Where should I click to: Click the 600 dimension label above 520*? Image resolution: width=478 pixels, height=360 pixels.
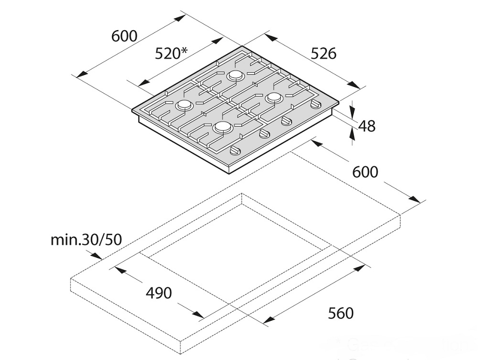pyautogui.click(x=124, y=36)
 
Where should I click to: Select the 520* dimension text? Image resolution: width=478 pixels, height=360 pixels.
pyautogui.click(x=171, y=54)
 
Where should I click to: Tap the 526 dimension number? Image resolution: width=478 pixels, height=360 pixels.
pyautogui.click(x=323, y=54)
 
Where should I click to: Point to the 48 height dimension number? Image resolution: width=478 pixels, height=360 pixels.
pyautogui.click(x=367, y=126)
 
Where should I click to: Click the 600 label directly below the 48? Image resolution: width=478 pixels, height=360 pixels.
pyautogui.click(x=365, y=172)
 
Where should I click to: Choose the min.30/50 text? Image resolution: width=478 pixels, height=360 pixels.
pyautogui.click(x=86, y=240)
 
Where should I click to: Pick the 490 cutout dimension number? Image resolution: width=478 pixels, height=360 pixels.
pyautogui.click(x=159, y=293)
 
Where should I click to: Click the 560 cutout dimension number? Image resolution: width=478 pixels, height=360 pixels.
pyautogui.click(x=340, y=313)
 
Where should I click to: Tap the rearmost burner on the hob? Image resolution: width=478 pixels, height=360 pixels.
pyautogui.click(x=236, y=75)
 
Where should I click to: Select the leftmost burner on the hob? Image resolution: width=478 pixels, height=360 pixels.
pyautogui.click(x=184, y=105)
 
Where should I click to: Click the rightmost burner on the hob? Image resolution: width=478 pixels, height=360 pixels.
pyautogui.click(x=274, y=98)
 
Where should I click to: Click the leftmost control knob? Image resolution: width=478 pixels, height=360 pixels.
pyautogui.click(x=235, y=150)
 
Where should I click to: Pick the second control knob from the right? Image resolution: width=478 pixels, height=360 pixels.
pyautogui.click(x=286, y=120)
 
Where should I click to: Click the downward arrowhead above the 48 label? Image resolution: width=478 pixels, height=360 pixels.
pyautogui.click(x=352, y=113)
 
